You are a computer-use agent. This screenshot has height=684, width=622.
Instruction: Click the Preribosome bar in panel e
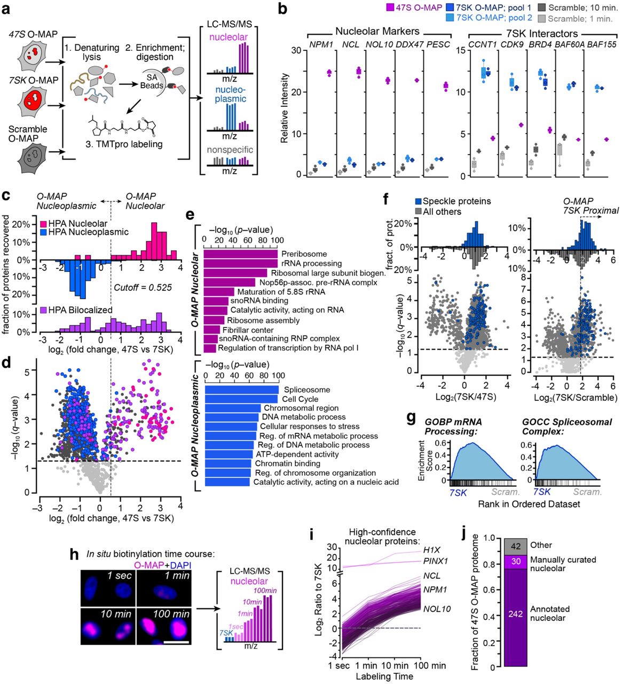240,254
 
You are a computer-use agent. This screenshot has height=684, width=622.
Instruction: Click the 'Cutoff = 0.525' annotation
143,287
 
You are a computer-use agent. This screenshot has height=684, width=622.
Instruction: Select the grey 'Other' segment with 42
515,546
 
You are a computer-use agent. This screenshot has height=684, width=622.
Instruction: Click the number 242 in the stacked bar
515,614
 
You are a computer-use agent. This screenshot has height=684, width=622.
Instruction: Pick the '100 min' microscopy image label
171,613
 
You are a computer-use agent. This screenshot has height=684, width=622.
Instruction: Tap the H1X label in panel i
431,550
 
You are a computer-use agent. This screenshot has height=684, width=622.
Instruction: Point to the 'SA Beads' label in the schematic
152,81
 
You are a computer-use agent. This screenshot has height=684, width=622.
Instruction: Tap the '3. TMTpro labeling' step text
128,144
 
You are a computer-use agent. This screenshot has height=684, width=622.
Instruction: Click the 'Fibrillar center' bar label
248,330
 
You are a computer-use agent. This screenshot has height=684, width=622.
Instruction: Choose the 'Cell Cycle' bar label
300,399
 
